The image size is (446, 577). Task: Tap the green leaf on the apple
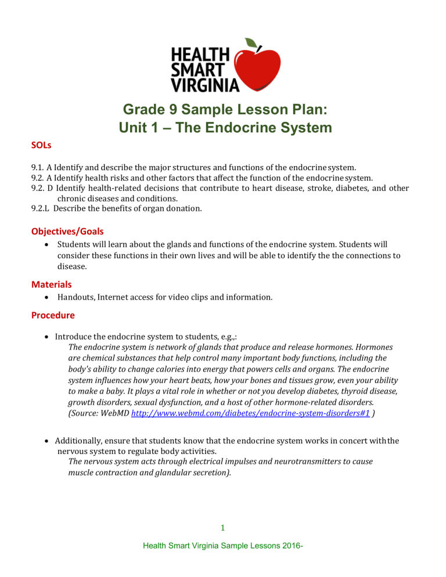pyautogui.click(x=251, y=44)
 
